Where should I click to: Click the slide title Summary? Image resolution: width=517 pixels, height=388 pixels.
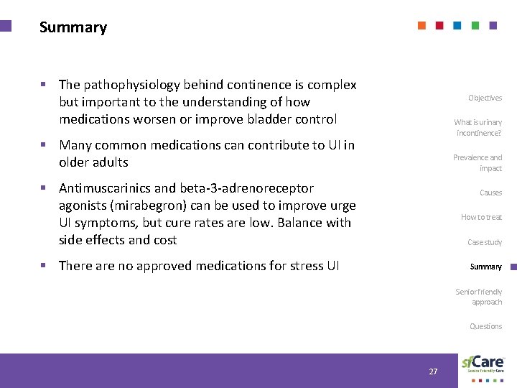click(73, 27)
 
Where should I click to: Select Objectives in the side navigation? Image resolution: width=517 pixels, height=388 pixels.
click(485, 98)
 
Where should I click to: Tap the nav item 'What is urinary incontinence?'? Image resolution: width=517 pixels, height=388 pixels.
click(478, 128)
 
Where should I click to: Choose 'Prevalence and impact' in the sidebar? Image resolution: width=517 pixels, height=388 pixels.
click(478, 162)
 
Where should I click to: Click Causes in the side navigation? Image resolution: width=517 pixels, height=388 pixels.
click(490, 193)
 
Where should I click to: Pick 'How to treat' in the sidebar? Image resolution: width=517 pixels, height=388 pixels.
click(481, 217)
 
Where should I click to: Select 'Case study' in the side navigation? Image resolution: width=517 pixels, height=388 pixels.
click(485, 242)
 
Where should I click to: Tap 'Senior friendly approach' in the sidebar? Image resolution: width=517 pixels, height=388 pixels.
click(479, 297)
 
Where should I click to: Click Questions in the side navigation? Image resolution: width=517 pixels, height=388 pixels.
click(485, 326)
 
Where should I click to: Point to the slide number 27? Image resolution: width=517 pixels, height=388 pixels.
click(433, 371)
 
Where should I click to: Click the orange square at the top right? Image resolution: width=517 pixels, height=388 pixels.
click(421, 25)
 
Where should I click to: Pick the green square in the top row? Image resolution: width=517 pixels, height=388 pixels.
click(475, 25)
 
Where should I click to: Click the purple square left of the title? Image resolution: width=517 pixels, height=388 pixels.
click(6, 26)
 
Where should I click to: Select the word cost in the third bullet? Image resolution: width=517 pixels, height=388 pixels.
click(162, 240)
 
